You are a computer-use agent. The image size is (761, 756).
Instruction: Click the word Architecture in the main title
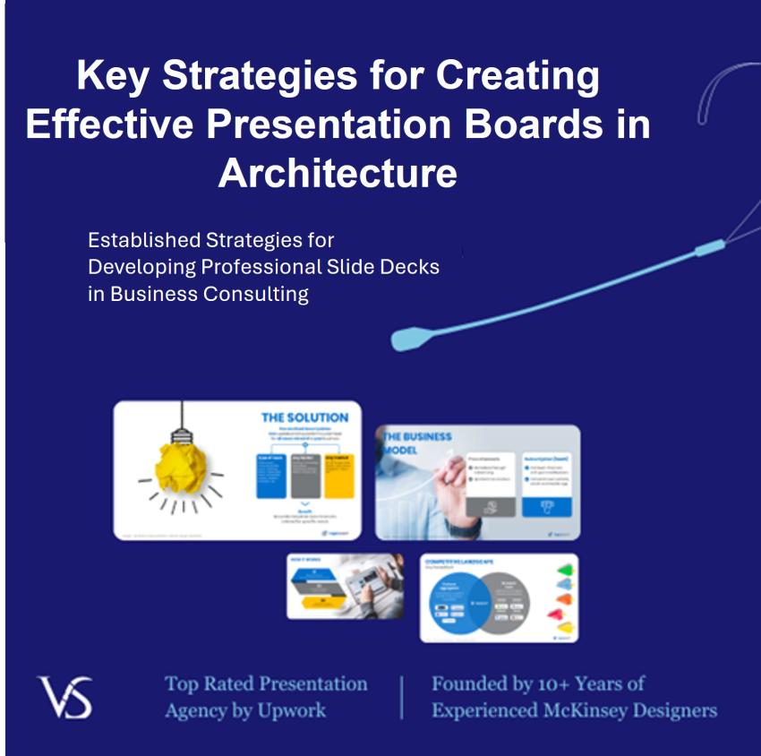pos(338,172)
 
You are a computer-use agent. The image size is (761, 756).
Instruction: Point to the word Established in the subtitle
pos(146,240)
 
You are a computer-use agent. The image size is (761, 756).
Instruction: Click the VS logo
pos(64,697)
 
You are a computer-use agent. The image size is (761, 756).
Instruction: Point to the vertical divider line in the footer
pos(401,697)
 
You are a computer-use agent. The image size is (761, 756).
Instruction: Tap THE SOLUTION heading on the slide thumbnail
pos(304,417)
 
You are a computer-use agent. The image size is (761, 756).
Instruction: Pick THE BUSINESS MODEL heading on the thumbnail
pos(416,443)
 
